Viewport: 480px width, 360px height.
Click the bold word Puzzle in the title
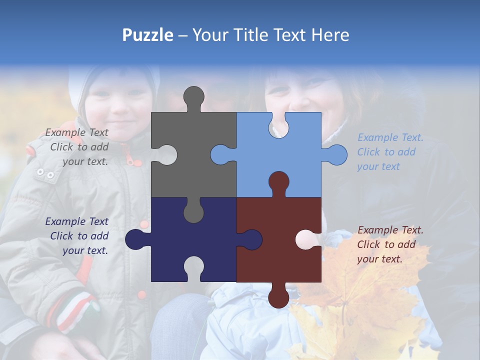pyautogui.click(x=147, y=35)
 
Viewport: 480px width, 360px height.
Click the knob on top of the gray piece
pyautogui.click(x=194, y=97)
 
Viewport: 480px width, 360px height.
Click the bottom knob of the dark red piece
pyautogui.click(x=278, y=297)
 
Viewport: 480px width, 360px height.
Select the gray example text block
pyautogui.click(x=77, y=147)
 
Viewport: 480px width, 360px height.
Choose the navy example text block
pyautogui.click(x=77, y=236)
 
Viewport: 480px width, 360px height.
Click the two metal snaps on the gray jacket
pyautogui.click(x=45, y=173)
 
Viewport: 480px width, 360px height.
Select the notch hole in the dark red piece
pyautogui.click(x=308, y=239)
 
